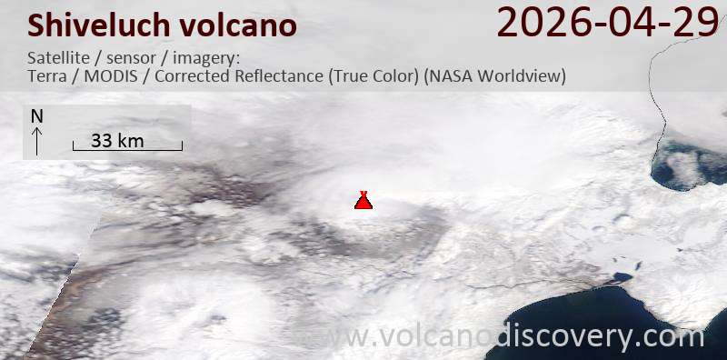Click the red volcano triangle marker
(363, 201)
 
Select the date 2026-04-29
(607, 22)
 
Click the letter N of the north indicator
(36, 116)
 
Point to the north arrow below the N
(36, 140)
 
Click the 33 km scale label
(118, 140)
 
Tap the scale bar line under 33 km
(127, 149)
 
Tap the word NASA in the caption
(448, 76)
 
